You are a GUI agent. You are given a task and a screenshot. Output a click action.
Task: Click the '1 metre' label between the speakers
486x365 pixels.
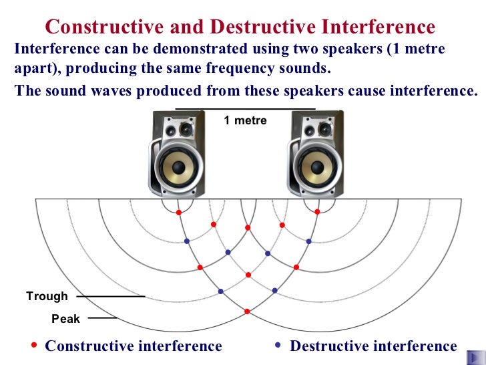point(245,121)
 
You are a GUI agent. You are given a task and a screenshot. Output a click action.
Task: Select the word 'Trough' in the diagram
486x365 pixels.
point(47,296)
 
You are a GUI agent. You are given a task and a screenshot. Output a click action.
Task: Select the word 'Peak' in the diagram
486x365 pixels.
point(66,319)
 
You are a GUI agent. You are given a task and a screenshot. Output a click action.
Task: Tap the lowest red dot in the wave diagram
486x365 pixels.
point(248,312)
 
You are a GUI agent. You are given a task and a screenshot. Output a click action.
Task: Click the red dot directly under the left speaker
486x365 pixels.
point(178,213)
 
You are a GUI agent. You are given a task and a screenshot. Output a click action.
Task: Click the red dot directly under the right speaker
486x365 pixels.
point(316,213)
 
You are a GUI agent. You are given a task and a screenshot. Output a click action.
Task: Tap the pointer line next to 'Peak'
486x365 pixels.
point(103,318)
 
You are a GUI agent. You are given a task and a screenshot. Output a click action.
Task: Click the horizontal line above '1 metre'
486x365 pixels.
point(245,108)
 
